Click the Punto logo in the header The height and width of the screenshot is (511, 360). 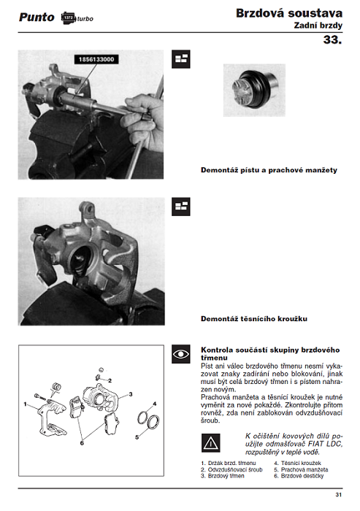37,18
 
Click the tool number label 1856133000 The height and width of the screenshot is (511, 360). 96,59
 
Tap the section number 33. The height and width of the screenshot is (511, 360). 332,39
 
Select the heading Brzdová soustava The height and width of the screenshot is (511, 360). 289,13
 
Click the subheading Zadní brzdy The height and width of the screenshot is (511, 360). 318,26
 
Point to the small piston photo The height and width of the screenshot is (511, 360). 254,91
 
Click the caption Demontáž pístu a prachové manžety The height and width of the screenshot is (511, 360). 269,170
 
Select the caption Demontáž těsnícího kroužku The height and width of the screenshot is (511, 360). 254,319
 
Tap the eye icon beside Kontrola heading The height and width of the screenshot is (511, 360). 181,354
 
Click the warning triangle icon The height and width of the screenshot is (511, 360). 210,443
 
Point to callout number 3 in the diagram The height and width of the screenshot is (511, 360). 131,394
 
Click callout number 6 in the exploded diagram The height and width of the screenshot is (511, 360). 82,443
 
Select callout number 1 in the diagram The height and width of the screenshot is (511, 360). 25,404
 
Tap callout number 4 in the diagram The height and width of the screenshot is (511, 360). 155,404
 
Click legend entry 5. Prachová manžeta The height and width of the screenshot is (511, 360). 301,469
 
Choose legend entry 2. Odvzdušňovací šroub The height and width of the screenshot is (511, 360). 231,469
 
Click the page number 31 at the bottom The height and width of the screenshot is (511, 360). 339,495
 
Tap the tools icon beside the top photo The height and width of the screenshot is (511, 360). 181,59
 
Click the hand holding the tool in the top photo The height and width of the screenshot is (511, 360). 142,122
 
